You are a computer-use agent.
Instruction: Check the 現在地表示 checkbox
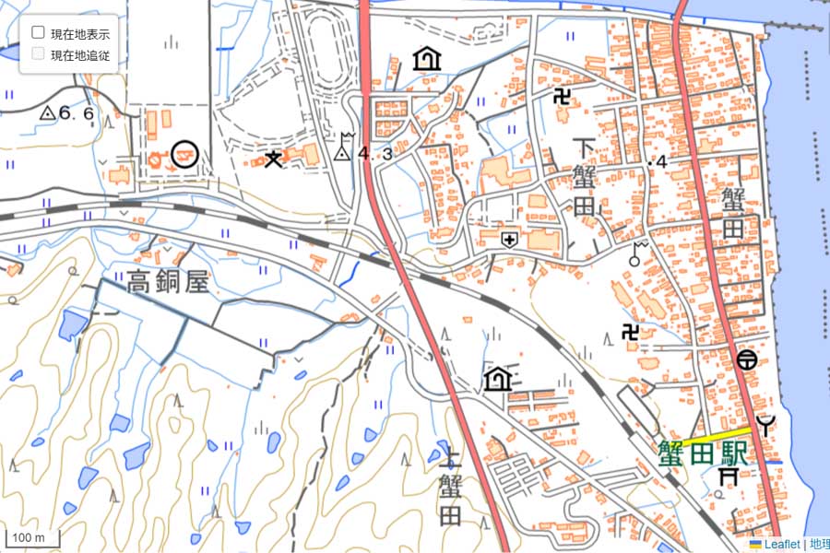[x=39, y=31]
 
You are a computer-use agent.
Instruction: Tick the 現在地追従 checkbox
[x=39, y=53]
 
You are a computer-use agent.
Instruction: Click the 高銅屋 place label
[x=169, y=281]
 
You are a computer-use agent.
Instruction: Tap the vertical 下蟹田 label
[x=585, y=177]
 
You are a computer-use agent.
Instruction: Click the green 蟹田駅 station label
[x=703, y=451]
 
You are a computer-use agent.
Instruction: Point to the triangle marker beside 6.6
[x=47, y=113]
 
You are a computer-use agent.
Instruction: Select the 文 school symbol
[x=273, y=159]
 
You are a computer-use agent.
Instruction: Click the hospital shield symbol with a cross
[x=508, y=240]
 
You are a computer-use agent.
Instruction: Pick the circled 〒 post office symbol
[x=747, y=359]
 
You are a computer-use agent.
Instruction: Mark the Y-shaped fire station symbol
[x=765, y=425]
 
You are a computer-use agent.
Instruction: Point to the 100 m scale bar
[x=33, y=538]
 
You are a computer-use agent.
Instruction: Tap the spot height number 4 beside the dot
[x=661, y=162]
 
